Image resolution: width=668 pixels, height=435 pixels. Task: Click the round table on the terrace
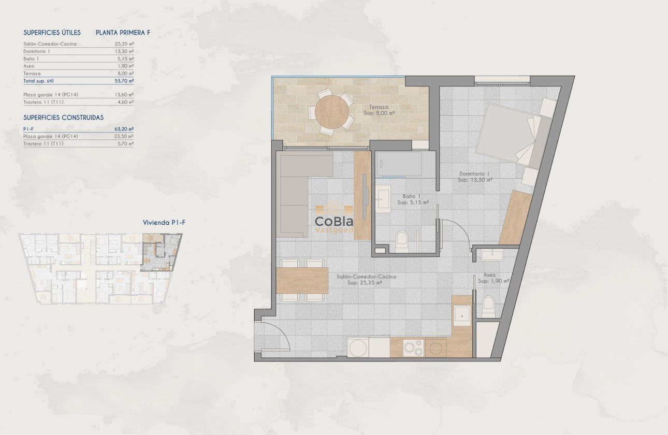331,111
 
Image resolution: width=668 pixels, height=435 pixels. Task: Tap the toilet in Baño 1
402,241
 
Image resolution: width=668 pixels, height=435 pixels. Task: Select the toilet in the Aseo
488,307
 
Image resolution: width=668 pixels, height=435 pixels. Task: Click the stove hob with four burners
413,347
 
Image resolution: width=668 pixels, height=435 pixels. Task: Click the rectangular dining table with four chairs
302,280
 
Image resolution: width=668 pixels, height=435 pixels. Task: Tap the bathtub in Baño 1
398,164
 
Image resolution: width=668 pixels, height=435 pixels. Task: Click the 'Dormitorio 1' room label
474,174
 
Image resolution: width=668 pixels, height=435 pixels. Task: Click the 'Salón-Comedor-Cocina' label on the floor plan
366,277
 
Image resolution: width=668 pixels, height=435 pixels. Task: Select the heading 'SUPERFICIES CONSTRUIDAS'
63,118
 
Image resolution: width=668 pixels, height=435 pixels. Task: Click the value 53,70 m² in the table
124,81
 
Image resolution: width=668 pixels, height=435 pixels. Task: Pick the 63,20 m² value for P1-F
124,128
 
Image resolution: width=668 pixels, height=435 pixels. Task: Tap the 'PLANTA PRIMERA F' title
123,33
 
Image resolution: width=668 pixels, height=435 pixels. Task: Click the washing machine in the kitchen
358,347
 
